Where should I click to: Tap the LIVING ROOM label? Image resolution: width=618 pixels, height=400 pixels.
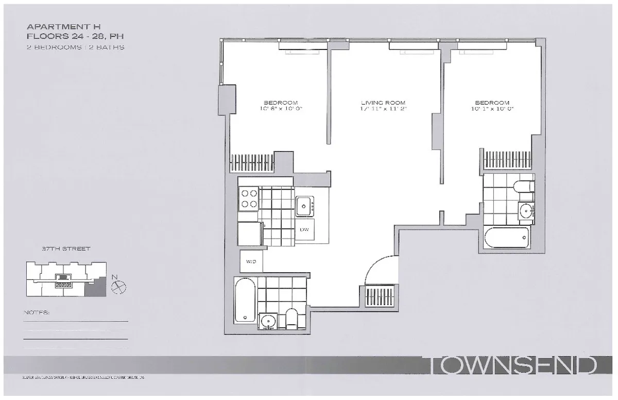point(384,103)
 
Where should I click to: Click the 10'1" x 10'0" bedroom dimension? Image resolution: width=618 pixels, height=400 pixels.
point(492,109)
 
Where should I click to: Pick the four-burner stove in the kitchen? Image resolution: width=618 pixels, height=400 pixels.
point(249,198)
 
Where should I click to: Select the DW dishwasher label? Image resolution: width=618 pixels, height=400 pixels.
point(304,229)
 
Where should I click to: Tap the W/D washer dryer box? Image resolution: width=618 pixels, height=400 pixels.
point(251,261)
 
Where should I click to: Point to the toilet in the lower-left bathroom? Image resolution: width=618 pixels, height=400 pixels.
point(291,319)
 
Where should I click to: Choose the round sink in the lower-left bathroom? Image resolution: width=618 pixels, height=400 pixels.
point(268,322)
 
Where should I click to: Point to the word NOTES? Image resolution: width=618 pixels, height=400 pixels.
point(37,313)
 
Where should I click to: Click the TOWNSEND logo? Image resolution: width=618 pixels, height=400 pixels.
point(512,366)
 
